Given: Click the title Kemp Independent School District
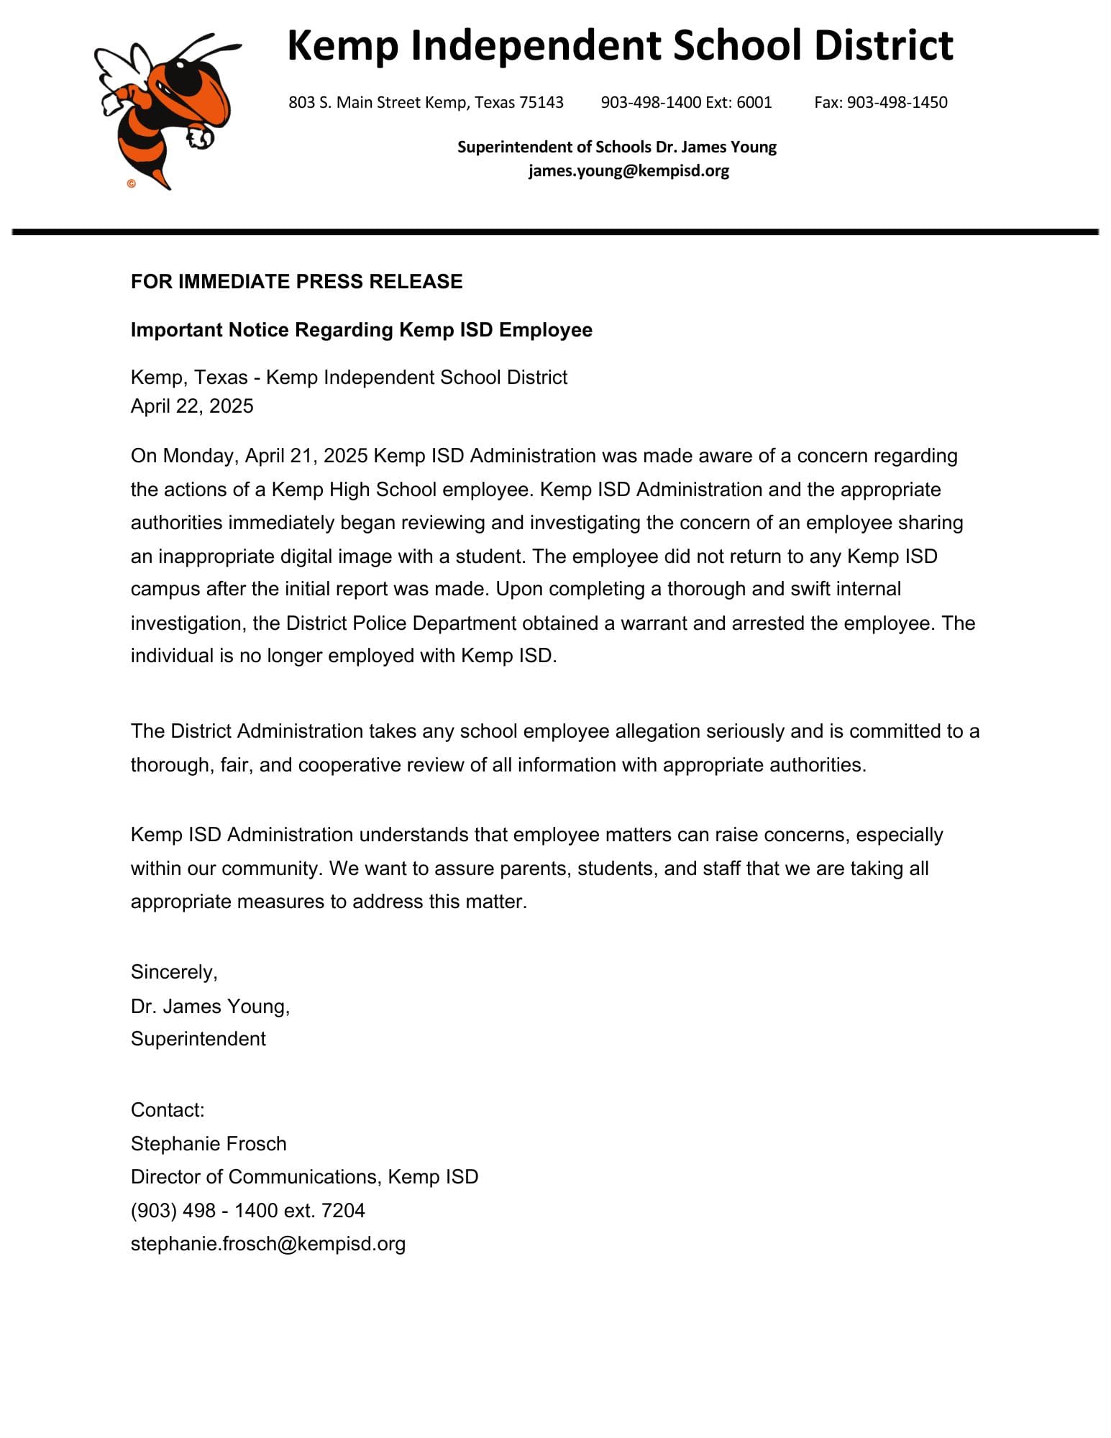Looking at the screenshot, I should click(x=620, y=45).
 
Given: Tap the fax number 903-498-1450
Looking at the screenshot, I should click(x=897, y=102).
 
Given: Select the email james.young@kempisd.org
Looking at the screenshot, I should click(x=628, y=171).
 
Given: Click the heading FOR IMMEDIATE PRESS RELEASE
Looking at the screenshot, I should click(x=296, y=281).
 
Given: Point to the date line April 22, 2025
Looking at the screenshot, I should click(x=192, y=406).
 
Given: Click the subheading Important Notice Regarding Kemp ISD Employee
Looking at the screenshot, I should click(x=361, y=330).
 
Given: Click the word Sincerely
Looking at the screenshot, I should click(x=173, y=972).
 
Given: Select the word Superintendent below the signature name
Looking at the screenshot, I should click(x=198, y=1039).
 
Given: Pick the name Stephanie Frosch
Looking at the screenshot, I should click(x=209, y=1144).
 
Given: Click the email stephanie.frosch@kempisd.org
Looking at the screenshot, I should click(x=268, y=1244).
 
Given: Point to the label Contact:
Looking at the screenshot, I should click(x=168, y=1110).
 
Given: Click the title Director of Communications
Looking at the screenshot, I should click(x=255, y=1177).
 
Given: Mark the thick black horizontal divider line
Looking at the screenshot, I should click(x=555, y=232).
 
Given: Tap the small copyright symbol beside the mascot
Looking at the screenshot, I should click(x=131, y=184).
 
